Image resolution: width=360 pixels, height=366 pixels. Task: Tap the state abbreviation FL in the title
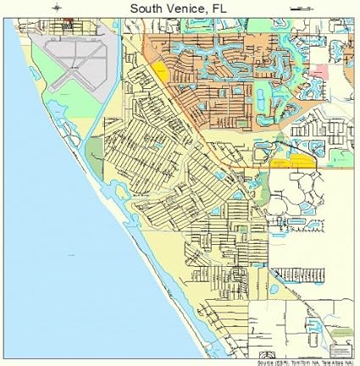tap(220, 8)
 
